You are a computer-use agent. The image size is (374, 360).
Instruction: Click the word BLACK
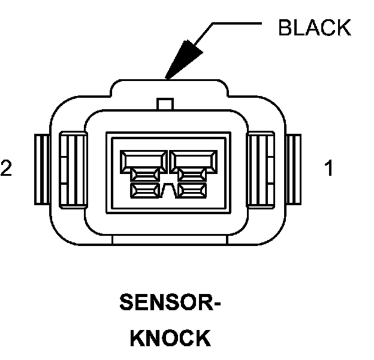coord(315,28)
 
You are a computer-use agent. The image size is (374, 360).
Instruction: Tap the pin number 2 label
coord(6,168)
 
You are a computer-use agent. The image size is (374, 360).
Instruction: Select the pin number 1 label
coord(329,168)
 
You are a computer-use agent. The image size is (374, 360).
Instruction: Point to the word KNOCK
coord(171,338)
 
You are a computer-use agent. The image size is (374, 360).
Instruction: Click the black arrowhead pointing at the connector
coord(183,59)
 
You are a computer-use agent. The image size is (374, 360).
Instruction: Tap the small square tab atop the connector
coord(165,104)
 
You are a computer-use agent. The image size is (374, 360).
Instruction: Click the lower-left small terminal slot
coord(145,191)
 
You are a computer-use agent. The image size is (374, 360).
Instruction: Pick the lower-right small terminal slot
coord(192,191)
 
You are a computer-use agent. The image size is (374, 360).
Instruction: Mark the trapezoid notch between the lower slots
coord(169,191)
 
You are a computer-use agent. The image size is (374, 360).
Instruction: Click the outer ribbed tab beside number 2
coord(42,169)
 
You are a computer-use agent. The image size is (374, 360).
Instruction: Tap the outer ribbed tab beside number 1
coord(294,169)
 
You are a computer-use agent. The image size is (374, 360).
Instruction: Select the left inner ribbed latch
coord(73,170)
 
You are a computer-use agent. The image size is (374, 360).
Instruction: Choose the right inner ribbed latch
coord(261,170)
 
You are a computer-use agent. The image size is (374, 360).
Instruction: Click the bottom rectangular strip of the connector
coord(170,239)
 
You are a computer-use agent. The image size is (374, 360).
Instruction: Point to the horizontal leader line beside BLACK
coord(237,23)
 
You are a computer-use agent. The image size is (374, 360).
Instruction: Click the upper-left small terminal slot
coord(145,175)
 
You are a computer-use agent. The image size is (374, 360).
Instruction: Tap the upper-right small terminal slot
coord(192,175)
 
